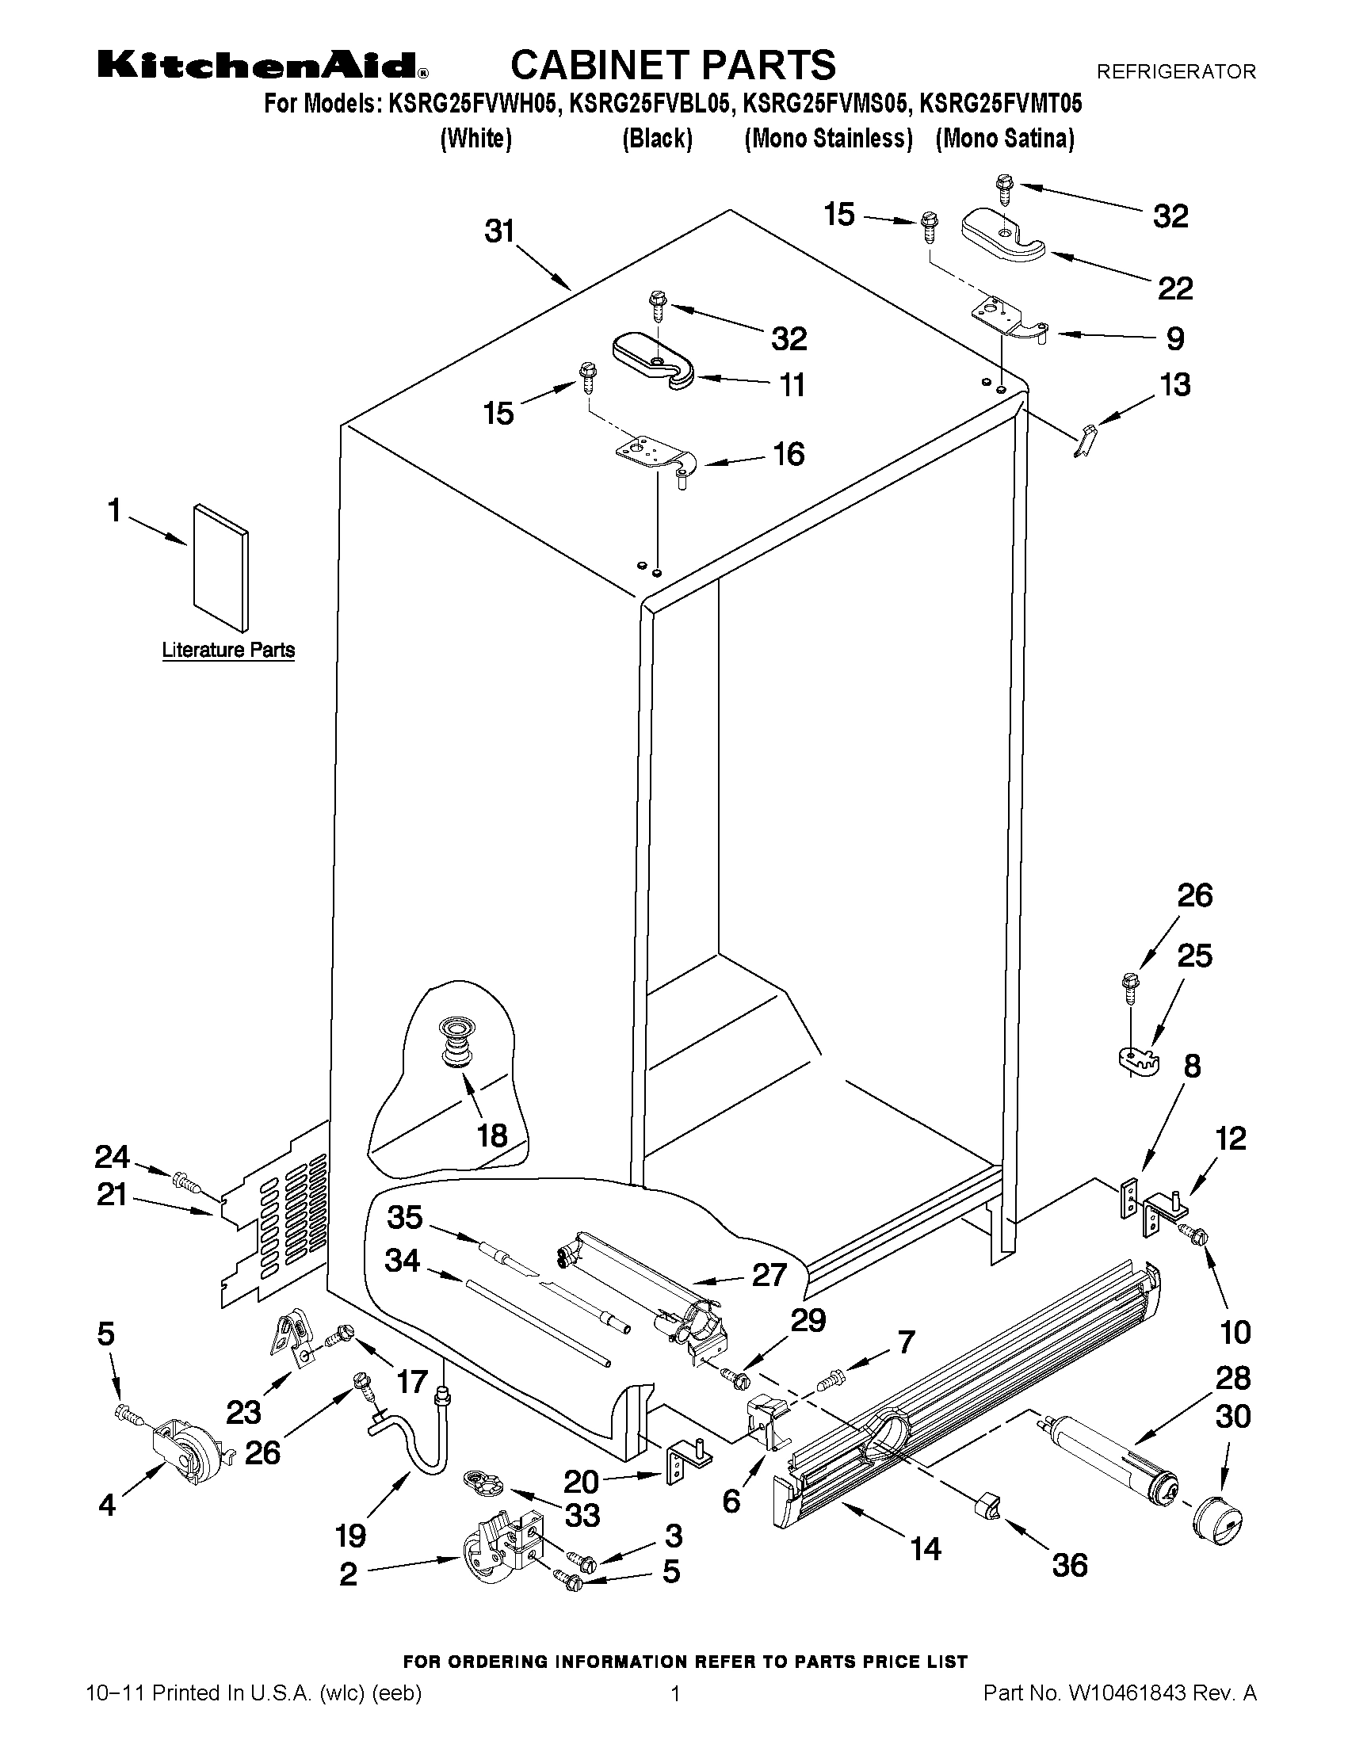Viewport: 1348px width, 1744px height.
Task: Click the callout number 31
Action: point(500,231)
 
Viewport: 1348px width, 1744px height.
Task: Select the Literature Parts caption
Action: point(228,650)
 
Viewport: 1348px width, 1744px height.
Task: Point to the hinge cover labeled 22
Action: point(1003,235)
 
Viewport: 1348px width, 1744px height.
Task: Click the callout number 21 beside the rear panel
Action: point(112,1195)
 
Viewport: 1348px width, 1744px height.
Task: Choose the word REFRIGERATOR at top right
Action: point(1175,72)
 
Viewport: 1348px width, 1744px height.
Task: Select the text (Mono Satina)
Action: point(1005,139)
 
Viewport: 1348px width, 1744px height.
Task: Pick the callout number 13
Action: point(1174,385)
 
